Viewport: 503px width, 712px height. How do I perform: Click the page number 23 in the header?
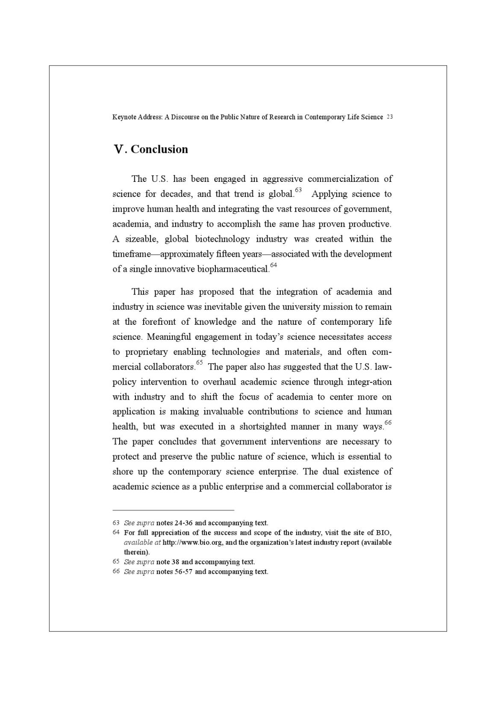[389, 117]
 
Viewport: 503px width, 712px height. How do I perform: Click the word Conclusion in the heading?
[159, 149]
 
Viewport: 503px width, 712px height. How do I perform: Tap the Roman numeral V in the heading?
[119, 149]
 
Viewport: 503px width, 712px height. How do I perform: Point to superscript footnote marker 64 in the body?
[274, 265]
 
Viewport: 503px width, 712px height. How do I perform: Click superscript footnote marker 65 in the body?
[199, 363]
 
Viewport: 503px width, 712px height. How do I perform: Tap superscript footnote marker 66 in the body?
[388, 423]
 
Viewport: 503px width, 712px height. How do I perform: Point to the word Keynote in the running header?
[122, 117]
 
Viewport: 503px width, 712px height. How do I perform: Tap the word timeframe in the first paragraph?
[131, 254]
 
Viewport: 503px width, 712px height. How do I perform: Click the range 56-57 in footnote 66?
[183, 572]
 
